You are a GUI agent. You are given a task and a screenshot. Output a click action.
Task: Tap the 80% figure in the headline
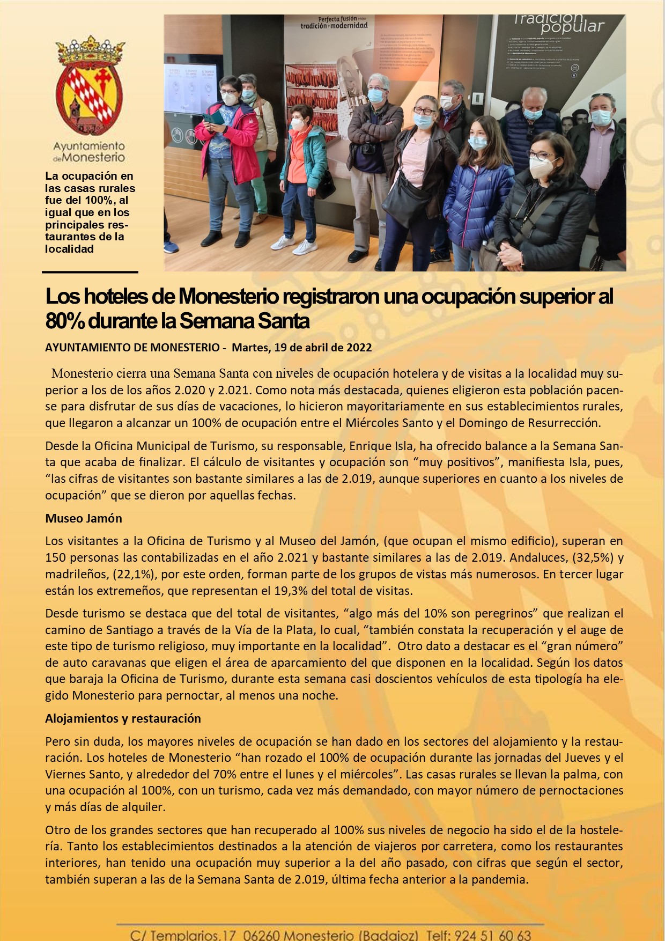click(64, 321)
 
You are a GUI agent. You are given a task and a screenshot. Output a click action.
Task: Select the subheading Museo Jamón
click(84, 518)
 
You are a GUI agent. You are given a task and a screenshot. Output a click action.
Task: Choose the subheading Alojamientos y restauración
click(123, 718)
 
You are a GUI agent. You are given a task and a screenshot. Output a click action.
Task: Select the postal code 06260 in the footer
click(261, 935)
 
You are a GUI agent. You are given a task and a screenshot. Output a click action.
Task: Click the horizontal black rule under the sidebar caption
click(91, 272)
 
